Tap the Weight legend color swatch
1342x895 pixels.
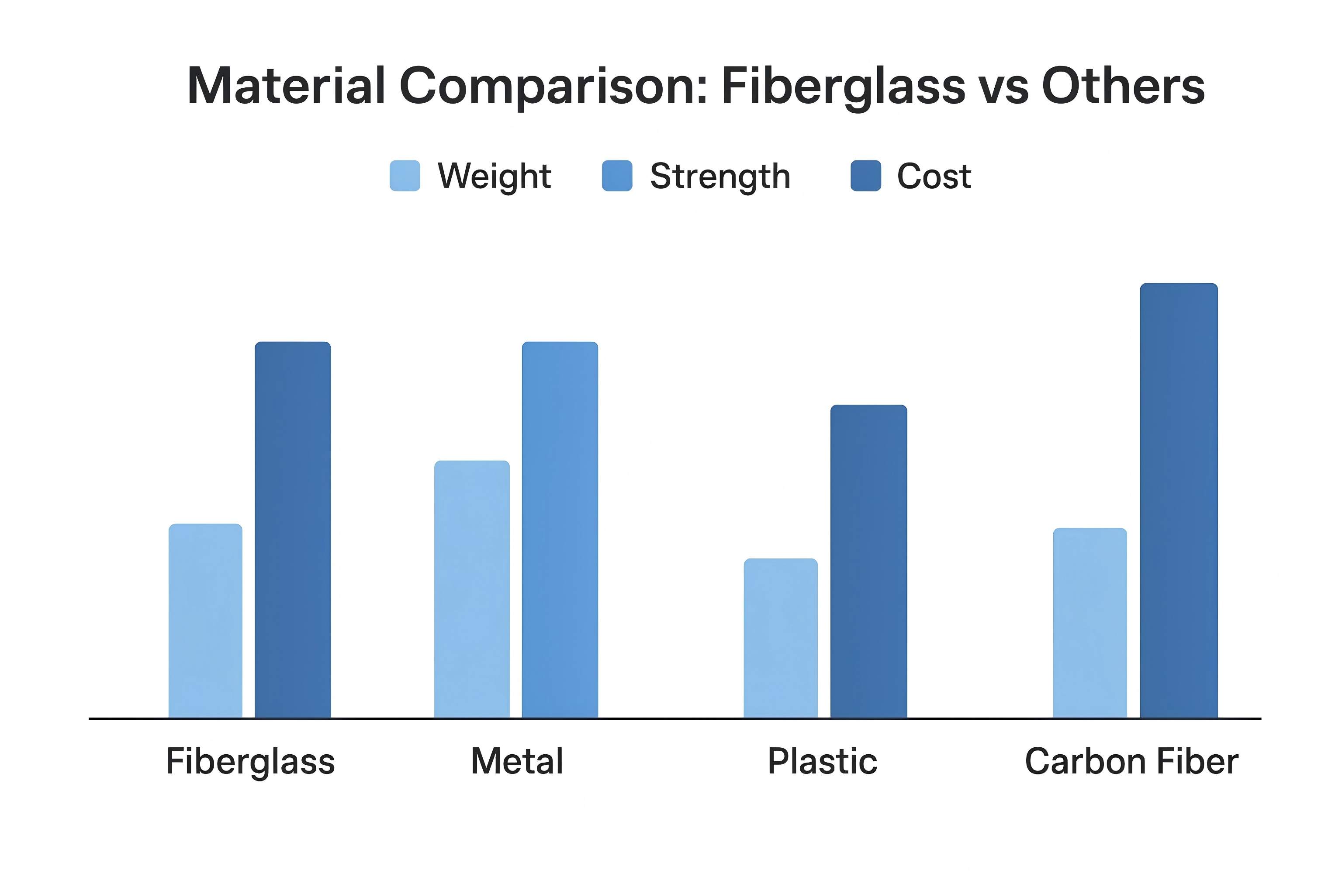[405, 176]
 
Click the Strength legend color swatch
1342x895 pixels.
[617, 176]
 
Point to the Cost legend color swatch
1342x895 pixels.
[865, 176]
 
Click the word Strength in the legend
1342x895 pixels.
[720, 177]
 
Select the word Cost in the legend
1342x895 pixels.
[934, 177]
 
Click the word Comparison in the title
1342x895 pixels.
[553, 87]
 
